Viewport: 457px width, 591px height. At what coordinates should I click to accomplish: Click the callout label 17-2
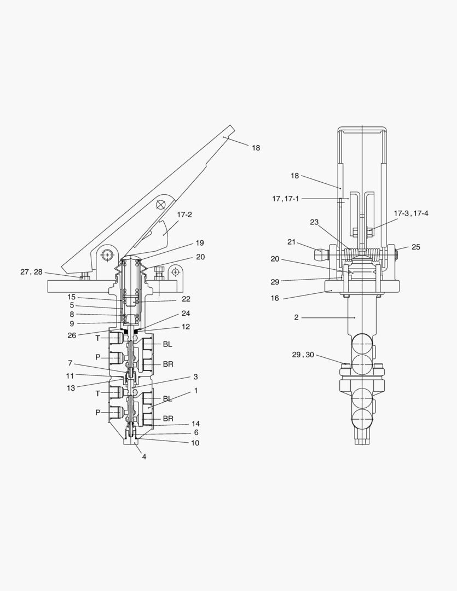[x=184, y=215]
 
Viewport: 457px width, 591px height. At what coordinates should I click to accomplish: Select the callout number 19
[x=199, y=243]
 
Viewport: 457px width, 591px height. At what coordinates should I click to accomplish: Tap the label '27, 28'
[x=31, y=272]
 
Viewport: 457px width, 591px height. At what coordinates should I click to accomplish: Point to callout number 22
[x=186, y=299]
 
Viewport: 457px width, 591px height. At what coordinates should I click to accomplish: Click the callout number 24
[x=186, y=313]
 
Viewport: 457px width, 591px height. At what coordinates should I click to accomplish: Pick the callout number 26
[x=72, y=335]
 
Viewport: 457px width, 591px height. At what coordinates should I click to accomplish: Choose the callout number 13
[x=71, y=388]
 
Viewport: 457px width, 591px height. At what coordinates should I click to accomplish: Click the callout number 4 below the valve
[x=144, y=457]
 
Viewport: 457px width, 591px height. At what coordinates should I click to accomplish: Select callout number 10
[x=195, y=443]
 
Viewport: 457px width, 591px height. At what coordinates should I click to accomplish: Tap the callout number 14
[x=195, y=424]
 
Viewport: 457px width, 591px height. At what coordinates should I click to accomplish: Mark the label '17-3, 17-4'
[x=411, y=213]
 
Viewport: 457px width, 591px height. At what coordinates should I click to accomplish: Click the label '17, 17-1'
[x=286, y=199]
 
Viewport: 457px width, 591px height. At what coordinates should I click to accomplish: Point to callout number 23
[x=314, y=222]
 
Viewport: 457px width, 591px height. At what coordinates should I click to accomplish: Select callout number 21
[x=292, y=242]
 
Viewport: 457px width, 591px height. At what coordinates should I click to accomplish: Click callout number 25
[x=415, y=247]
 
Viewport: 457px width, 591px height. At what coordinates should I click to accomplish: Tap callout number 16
[x=275, y=298]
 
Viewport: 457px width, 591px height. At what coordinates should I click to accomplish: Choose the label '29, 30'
[x=303, y=355]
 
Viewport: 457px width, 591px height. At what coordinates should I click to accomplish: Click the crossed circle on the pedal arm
[x=161, y=204]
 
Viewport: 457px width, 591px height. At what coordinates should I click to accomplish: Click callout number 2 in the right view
[x=297, y=317]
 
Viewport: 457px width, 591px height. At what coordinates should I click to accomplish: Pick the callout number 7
[x=70, y=363]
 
